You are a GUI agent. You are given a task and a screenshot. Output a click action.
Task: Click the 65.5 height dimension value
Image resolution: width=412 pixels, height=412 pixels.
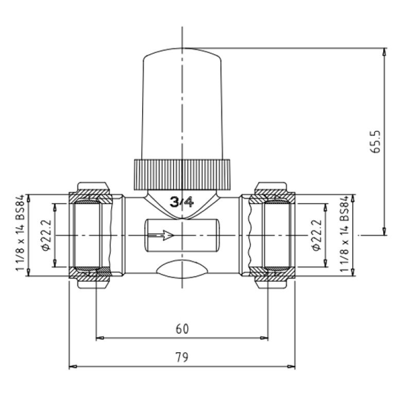tap(376, 142)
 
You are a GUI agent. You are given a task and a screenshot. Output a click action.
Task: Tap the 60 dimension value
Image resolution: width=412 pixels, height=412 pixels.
tap(182, 329)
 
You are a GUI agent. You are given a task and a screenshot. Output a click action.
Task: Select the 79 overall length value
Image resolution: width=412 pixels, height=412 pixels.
tap(182, 357)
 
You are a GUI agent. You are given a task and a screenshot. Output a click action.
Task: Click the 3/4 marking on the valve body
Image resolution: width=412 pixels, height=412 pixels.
tap(182, 202)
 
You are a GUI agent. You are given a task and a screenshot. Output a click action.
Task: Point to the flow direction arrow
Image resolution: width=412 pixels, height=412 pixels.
tap(161, 235)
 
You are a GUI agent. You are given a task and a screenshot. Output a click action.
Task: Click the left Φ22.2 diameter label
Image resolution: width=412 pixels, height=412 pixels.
tap(46, 235)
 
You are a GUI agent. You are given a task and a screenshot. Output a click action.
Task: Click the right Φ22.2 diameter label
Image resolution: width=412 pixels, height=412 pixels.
tap(316, 235)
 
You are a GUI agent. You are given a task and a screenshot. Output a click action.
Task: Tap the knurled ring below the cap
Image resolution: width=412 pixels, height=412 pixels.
tap(182, 175)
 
